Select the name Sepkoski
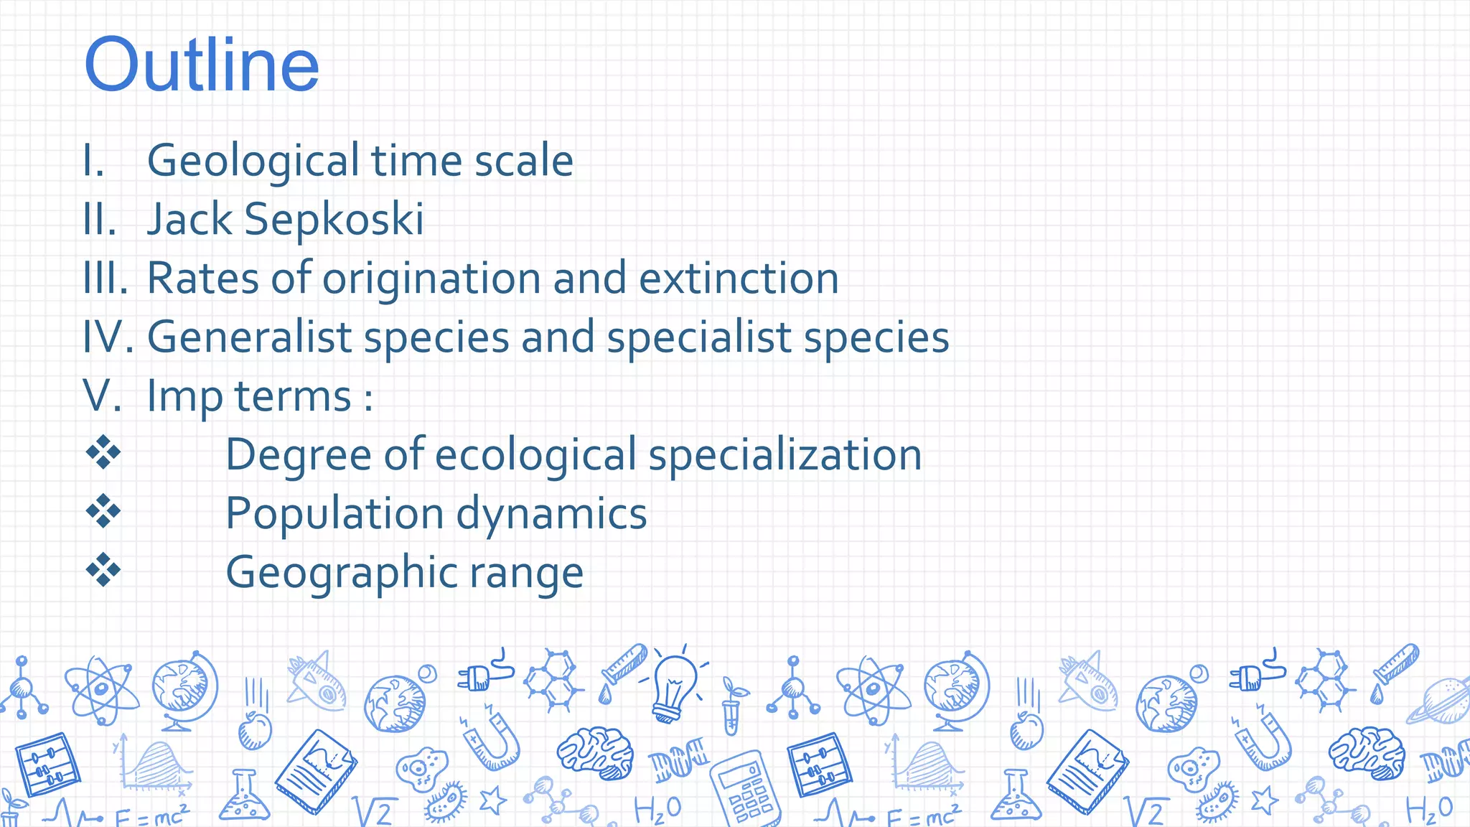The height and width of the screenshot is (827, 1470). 334,220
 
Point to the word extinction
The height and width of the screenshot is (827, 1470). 739,279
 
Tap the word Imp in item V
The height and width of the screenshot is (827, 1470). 184,396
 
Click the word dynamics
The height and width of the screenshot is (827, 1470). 551,514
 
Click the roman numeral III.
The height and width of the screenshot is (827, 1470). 105,279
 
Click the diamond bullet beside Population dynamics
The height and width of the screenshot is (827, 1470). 103,511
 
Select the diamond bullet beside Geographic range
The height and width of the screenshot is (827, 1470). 103,570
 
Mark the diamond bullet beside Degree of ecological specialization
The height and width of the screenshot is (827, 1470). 103,452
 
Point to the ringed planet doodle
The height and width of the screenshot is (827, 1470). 1439,700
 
